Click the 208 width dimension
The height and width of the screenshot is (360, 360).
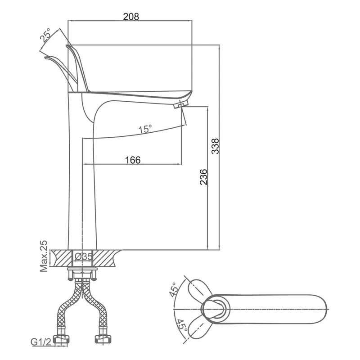(131, 17)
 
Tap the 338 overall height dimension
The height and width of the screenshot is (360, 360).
(216, 146)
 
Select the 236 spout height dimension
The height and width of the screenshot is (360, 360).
(203, 177)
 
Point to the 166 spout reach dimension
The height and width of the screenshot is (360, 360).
(133, 160)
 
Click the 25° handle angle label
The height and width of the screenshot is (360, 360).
(45, 35)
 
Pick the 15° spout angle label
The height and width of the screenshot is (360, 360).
(145, 129)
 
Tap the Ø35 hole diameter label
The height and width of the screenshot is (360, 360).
(84, 256)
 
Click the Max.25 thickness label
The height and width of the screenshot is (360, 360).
(43, 256)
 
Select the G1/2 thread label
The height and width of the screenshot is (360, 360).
(41, 342)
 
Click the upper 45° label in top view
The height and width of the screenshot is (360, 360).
(174, 289)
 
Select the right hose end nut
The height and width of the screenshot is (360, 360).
(103, 340)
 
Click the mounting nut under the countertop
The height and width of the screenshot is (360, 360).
(82, 274)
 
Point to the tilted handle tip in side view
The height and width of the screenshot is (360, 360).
(46, 58)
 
